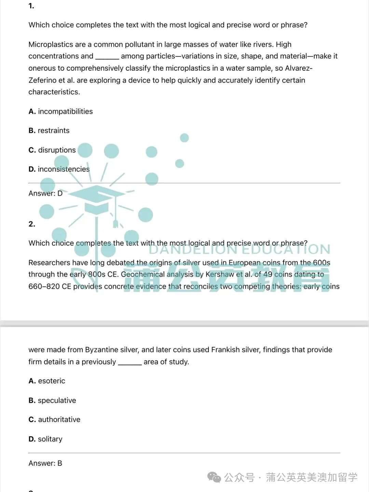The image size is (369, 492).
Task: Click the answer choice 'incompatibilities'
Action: [x=65, y=111]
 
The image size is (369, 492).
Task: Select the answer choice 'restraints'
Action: [x=53, y=131]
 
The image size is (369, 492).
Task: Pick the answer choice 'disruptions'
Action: [x=57, y=150]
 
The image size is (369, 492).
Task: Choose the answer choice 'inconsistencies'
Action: [x=64, y=169]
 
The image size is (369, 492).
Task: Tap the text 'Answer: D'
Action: [x=45, y=193]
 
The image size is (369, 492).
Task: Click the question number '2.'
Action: [x=32, y=224]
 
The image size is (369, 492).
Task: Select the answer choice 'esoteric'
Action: [x=51, y=381]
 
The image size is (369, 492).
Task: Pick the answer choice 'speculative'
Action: [x=57, y=400]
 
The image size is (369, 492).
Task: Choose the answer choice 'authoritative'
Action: [x=59, y=420]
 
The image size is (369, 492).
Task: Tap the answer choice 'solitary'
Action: [x=50, y=439]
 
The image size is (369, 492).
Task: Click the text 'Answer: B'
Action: [x=45, y=463]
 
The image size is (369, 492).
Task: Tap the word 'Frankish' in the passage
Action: [x=225, y=350]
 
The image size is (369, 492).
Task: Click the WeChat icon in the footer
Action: [x=215, y=477]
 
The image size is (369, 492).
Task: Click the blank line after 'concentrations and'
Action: [x=107, y=57]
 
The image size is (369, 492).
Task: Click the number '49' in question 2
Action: [x=268, y=274]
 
